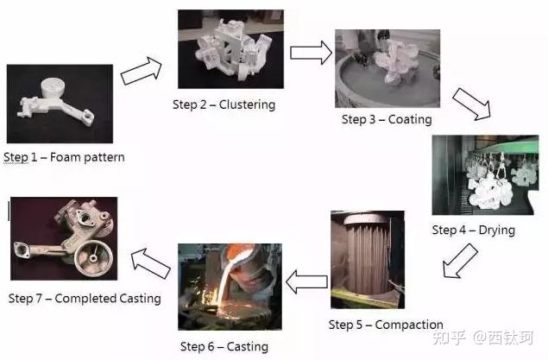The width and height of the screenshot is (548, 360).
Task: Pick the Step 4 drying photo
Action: coord(485,176)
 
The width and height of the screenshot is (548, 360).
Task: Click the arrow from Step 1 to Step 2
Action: coord(141,71)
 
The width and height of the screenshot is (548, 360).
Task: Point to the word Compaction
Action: coord(409,325)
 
